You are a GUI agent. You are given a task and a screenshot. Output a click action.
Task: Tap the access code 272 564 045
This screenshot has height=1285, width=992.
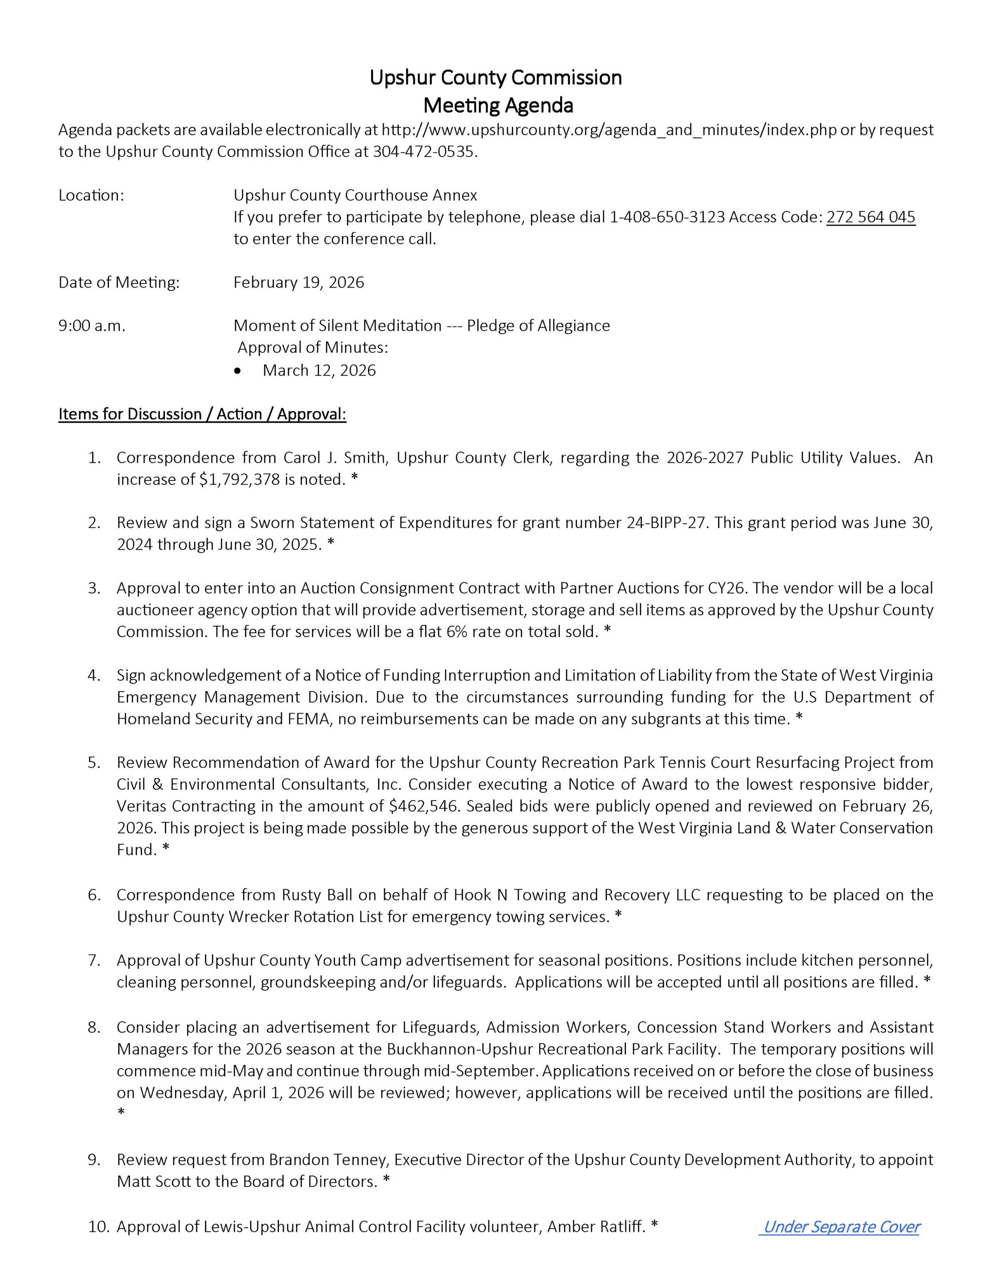click(x=870, y=217)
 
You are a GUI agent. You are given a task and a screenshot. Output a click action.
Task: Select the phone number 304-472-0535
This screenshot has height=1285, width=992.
click(x=423, y=152)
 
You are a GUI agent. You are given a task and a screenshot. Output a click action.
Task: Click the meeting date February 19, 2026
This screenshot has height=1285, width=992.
click(x=299, y=283)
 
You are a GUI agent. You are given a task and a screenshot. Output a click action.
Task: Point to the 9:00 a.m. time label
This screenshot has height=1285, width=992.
click(x=92, y=326)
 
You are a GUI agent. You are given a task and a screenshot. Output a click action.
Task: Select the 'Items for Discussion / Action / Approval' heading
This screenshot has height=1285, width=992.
click(x=202, y=414)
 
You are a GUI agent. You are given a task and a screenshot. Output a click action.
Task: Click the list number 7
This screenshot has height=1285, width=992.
click(x=95, y=960)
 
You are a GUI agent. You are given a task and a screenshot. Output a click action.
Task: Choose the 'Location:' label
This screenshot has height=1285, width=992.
click(x=91, y=195)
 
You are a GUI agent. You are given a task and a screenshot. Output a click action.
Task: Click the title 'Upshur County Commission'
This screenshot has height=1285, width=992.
click(x=495, y=78)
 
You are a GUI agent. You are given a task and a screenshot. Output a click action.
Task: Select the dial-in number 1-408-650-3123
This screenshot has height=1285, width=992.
click(x=667, y=217)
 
